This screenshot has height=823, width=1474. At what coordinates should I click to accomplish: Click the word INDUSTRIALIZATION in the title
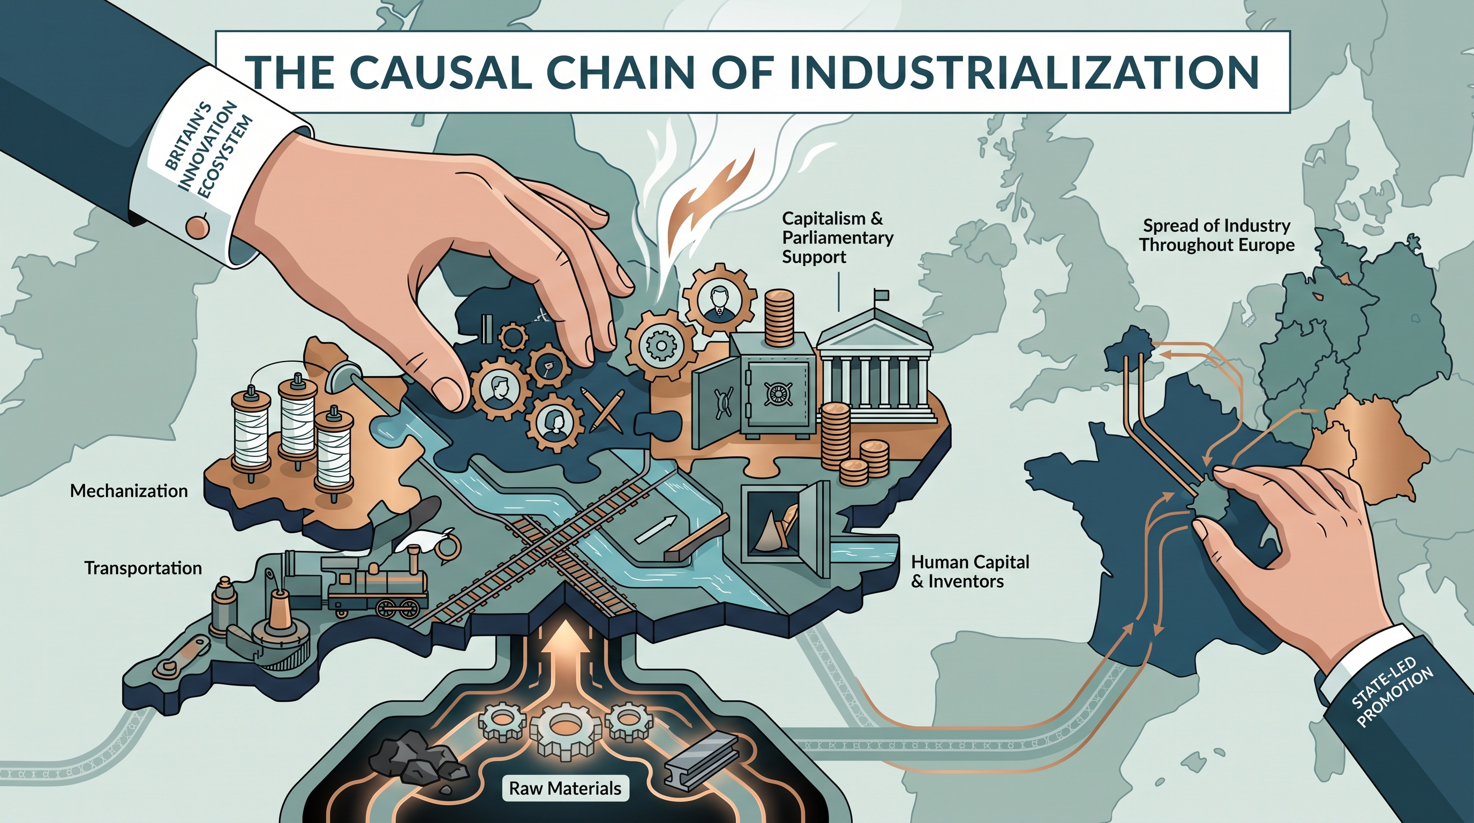point(1024,72)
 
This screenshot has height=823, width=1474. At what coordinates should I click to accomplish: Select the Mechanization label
point(129,491)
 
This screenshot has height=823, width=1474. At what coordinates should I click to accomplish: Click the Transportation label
point(143,568)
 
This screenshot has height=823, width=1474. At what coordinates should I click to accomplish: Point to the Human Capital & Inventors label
point(971,572)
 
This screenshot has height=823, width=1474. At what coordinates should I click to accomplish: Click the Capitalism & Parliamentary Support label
point(838,237)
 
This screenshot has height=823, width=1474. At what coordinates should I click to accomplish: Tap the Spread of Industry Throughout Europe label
point(1216,235)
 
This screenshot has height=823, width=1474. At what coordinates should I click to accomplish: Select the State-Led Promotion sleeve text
point(1392,692)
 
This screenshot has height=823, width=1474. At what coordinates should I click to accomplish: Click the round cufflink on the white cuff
point(198,227)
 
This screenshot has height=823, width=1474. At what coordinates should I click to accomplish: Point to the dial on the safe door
point(779,393)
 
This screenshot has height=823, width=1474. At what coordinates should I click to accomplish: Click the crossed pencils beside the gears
point(601,409)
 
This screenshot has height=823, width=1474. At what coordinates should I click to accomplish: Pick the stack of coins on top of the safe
point(779,318)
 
